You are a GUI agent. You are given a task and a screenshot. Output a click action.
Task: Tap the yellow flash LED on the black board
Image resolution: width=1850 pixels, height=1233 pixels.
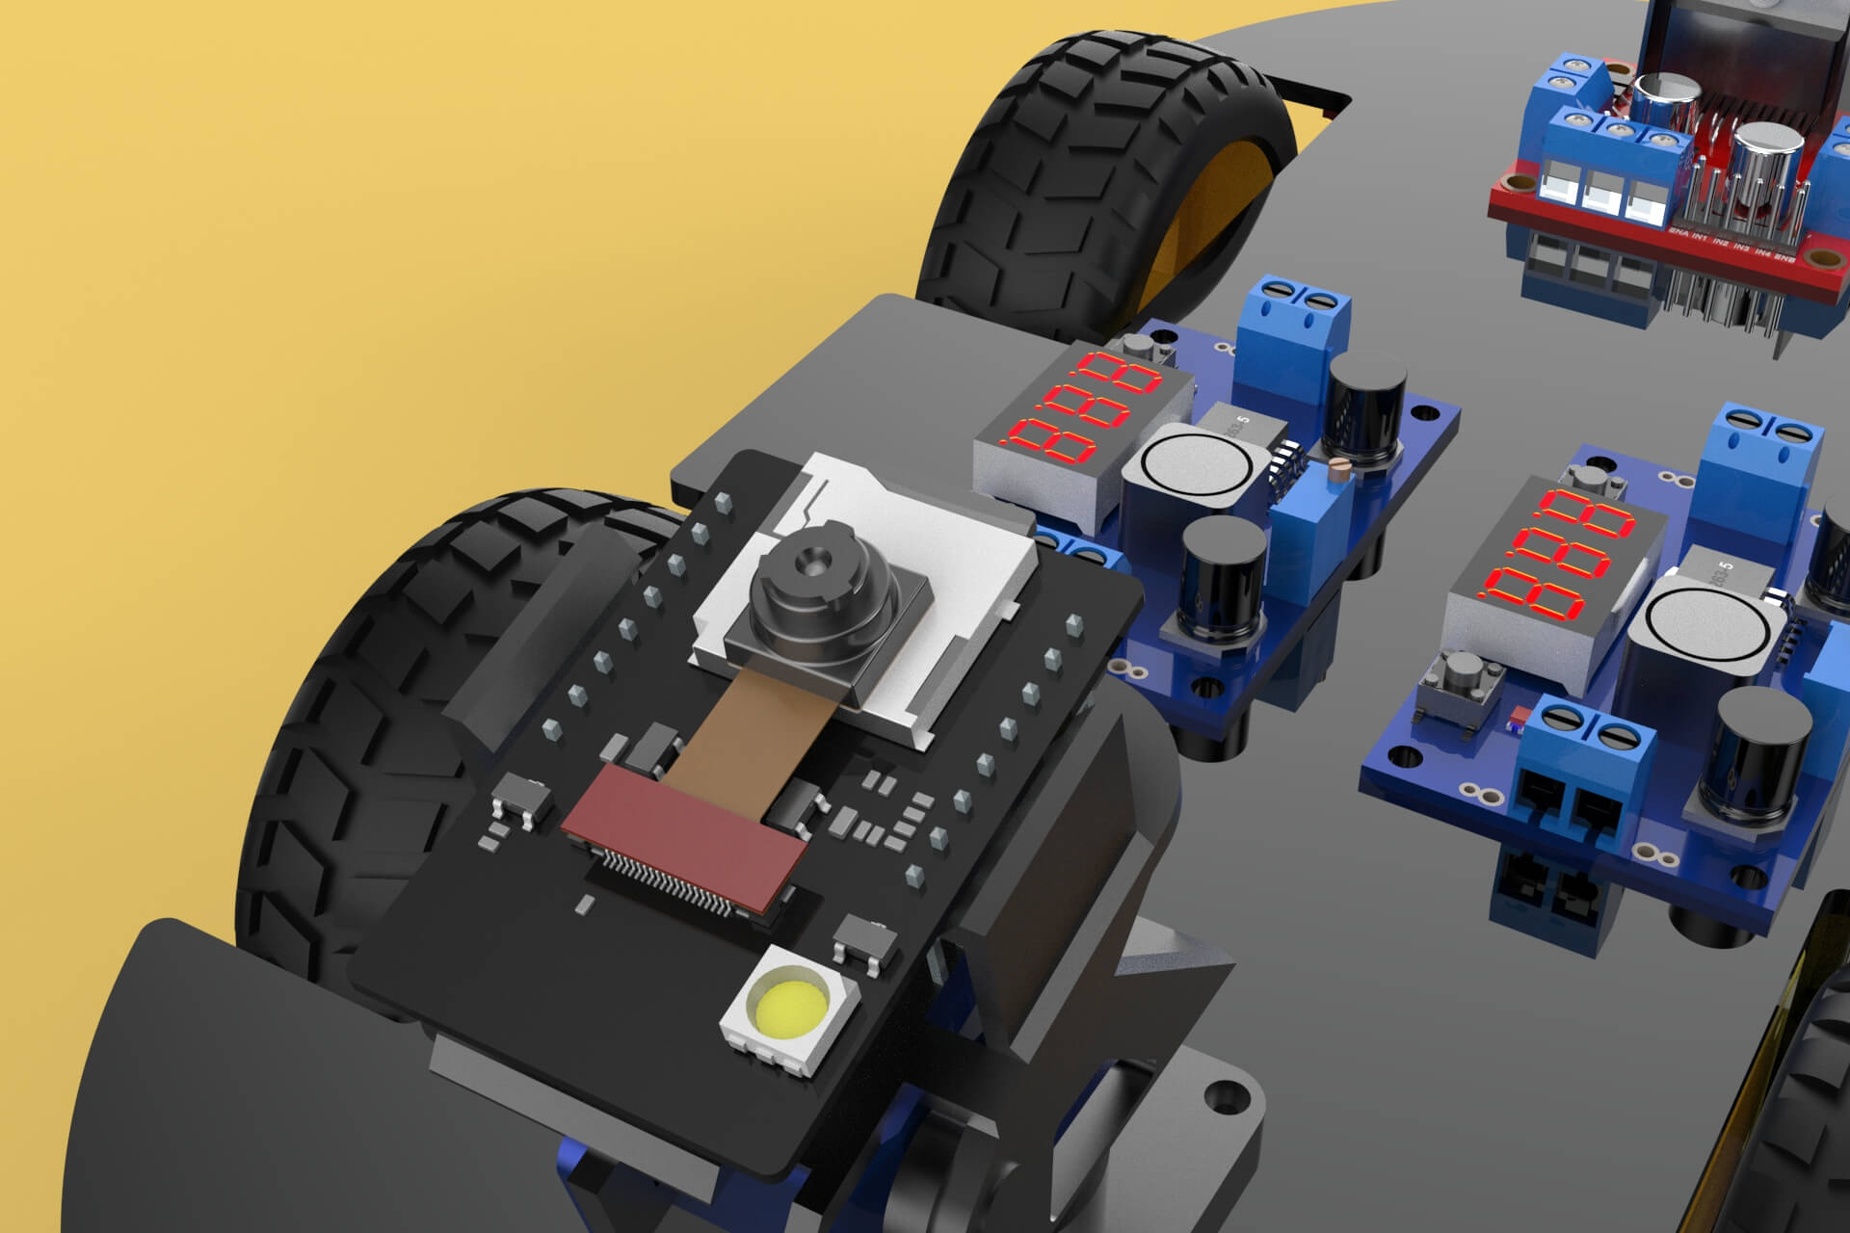click(787, 1010)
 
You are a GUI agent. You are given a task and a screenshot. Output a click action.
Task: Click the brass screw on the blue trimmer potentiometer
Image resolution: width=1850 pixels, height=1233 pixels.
click(1336, 468)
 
